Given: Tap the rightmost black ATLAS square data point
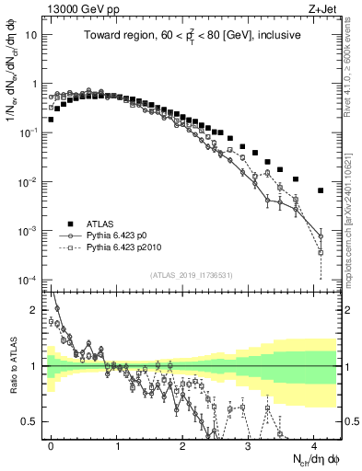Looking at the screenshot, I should (x=321, y=190).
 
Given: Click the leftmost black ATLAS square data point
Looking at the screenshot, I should (x=52, y=120).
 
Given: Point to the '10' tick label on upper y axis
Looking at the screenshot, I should (x=31, y=35).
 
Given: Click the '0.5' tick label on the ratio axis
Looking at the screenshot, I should (x=32, y=421).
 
